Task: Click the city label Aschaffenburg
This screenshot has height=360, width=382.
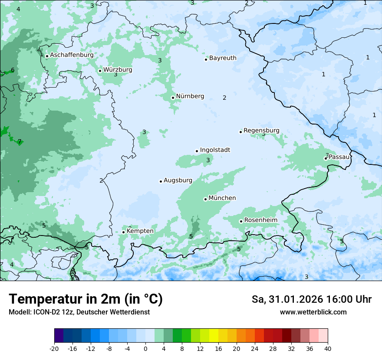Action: (72, 55)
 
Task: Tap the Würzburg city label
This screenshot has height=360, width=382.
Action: (118, 70)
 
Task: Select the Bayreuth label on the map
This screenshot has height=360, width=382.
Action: (223, 58)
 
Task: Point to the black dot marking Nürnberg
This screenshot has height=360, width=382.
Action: (173, 98)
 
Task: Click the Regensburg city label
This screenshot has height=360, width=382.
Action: (261, 131)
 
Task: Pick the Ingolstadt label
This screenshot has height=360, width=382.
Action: (215, 150)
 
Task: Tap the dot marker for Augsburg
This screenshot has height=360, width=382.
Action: (161, 181)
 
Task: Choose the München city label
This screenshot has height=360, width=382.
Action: (222, 198)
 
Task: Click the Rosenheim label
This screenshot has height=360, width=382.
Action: (260, 220)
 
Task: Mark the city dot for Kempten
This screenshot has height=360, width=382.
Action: (123, 232)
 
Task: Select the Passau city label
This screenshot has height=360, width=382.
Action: (339, 157)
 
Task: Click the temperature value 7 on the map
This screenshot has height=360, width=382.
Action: (20, 142)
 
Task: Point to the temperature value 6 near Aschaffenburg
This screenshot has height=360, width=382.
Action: (13, 70)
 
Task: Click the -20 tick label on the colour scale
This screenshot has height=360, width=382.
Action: (54, 348)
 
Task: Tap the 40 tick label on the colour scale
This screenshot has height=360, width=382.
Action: (328, 348)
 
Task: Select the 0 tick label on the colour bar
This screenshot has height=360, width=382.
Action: (145, 348)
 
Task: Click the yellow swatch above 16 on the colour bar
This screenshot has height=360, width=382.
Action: (214, 336)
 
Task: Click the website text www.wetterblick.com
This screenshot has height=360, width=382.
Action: (313, 312)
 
